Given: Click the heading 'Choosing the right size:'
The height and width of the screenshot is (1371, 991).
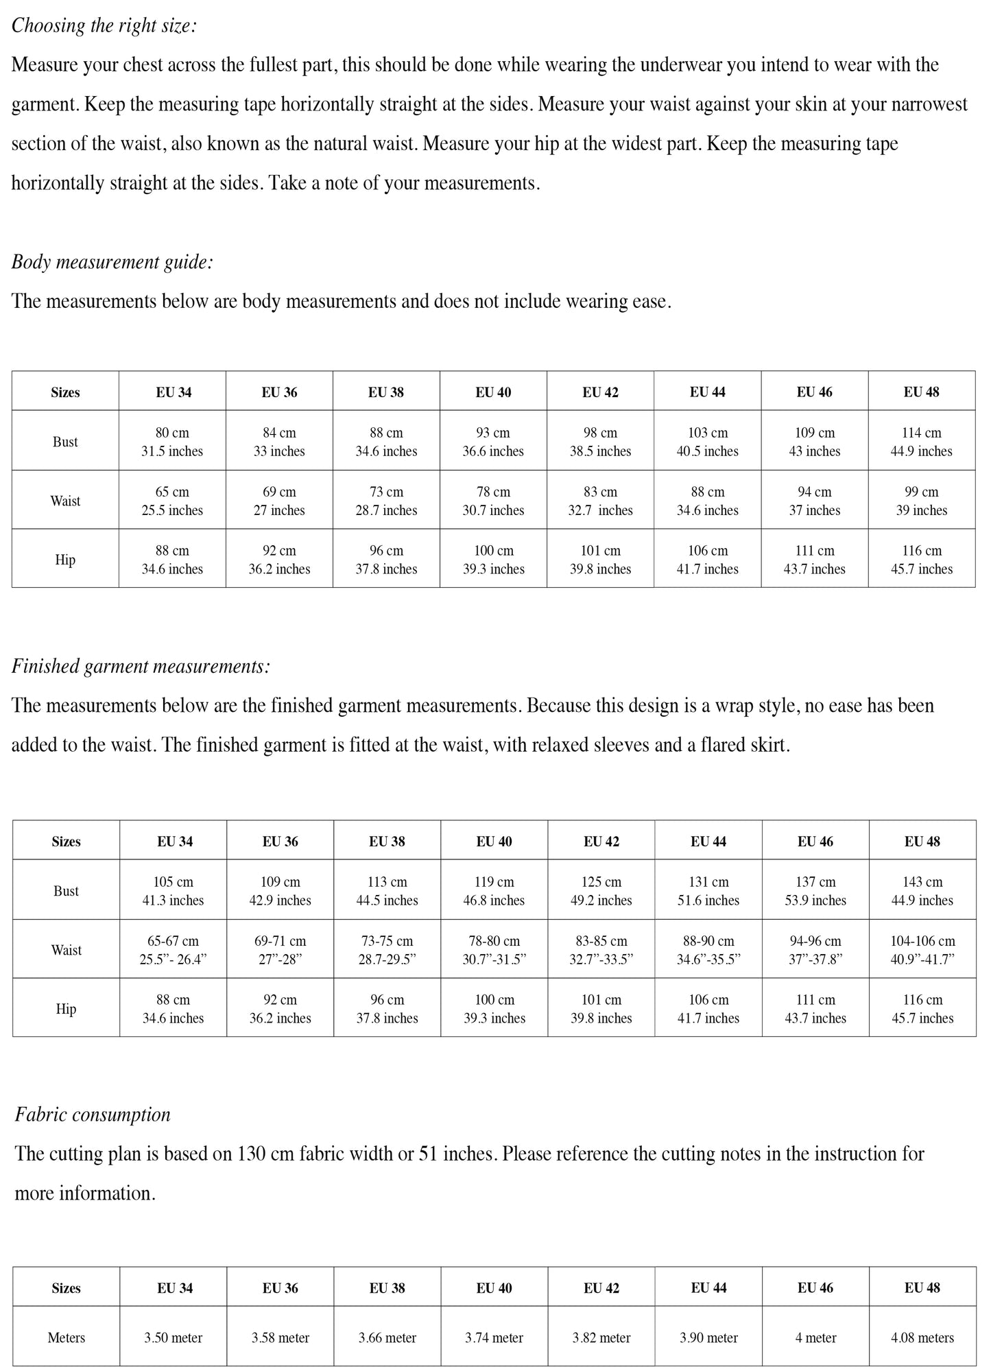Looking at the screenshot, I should (x=104, y=26).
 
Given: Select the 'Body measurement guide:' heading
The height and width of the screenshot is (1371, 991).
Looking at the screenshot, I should (x=112, y=262).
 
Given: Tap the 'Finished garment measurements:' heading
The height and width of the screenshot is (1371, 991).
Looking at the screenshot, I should (x=141, y=666).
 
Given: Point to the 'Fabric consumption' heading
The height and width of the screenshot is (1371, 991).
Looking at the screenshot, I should (x=93, y=1114).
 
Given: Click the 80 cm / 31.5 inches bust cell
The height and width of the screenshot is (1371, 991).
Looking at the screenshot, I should (x=172, y=442).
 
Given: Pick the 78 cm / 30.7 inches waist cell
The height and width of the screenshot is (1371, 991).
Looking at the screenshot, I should (x=493, y=501).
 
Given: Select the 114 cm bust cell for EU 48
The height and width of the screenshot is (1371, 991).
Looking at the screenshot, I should (x=921, y=442).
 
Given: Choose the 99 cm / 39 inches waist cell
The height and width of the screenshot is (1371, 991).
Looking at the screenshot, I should (x=921, y=501).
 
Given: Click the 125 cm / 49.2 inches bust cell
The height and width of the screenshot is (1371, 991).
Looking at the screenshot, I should (x=601, y=891).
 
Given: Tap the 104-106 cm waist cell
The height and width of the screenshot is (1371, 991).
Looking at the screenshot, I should (x=922, y=950).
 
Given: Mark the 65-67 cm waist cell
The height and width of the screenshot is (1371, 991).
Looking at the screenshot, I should (x=174, y=950).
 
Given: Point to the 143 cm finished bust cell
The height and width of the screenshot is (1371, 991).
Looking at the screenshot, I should (x=922, y=891).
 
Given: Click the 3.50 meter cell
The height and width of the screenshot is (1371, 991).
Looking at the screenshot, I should (x=174, y=1337).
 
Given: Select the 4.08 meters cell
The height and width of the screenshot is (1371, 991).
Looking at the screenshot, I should (x=922, y=1337).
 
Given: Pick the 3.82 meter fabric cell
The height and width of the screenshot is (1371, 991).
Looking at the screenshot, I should (x=601, y=1337).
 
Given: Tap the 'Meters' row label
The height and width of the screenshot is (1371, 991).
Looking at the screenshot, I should (x=67, y=1337).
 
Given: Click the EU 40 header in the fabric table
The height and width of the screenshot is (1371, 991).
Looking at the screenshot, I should (x=494, y=1288).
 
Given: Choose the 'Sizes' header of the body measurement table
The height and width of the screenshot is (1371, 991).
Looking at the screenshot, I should (x=65, y=392).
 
